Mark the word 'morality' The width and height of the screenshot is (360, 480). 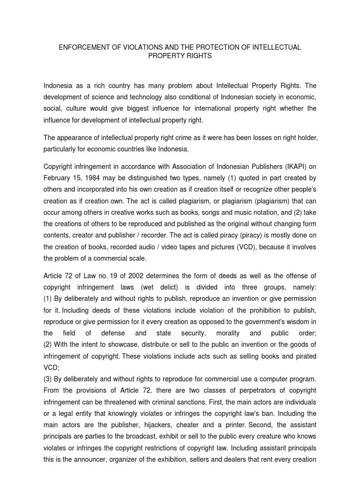228,333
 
